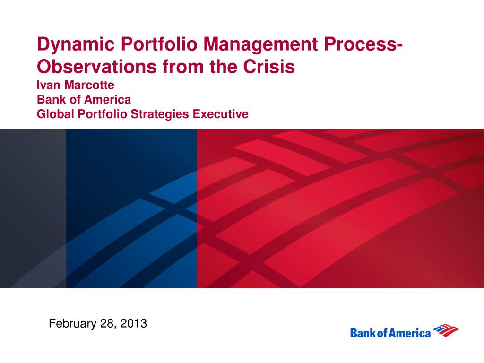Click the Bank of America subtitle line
pyautogui.click(x=84, y=100)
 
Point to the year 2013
pyautogui.click(x=133, y=324)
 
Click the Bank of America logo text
pyautogui.click(x=390, y=333)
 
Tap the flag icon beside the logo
pyautogui.click(x=446, y=330)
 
